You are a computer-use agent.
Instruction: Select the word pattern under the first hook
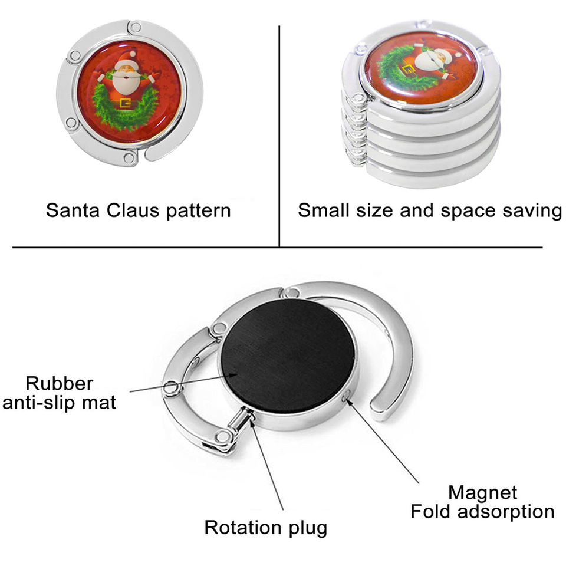(x=197, y=210)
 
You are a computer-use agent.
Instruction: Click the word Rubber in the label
(x=59, y=383)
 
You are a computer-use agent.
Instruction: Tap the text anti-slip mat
(x=59, y=403)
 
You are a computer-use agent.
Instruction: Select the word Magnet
(x=482, y=492)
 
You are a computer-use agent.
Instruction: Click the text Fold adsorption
(x=482, y=511)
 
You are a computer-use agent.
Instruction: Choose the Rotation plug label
(x=265, y=527)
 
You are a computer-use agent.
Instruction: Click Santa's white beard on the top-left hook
(x=127, y=81)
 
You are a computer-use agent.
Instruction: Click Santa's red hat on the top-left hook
(x=126, y=59)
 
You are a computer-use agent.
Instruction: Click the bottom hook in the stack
(x=424, y=175)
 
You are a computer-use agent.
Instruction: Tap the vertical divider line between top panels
(x=279, y=136)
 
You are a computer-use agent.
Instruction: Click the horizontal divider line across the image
(x=277, y=248)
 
